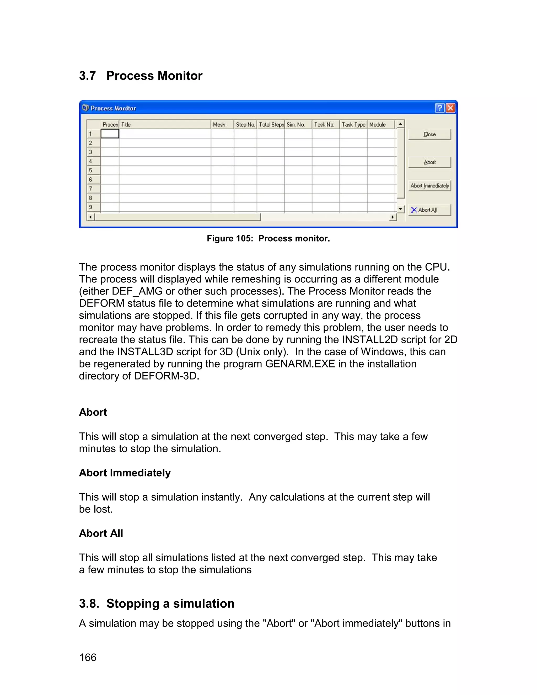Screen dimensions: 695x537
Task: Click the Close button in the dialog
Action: click(x=429, y=134)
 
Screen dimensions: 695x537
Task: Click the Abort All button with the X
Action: click(x=429, y=210)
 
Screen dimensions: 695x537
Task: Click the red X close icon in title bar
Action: click(x=450, y=108)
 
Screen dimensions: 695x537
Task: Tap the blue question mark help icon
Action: click(x=439, y=108)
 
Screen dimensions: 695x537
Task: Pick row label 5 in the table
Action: click(x=91, y=170)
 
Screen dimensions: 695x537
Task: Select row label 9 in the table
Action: click(x=91, y=207)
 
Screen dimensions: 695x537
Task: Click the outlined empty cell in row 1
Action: click(x=110, y=134)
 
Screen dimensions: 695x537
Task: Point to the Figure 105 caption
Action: click(x=268, y=239)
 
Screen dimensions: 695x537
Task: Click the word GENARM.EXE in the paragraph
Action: click(x=300, y=364)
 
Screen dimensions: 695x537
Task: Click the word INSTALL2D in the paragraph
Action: click(x=370, y=340)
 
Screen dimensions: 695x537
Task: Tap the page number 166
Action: click(x=88, y=657)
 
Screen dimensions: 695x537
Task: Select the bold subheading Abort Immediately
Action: click(x=125, y=473)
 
